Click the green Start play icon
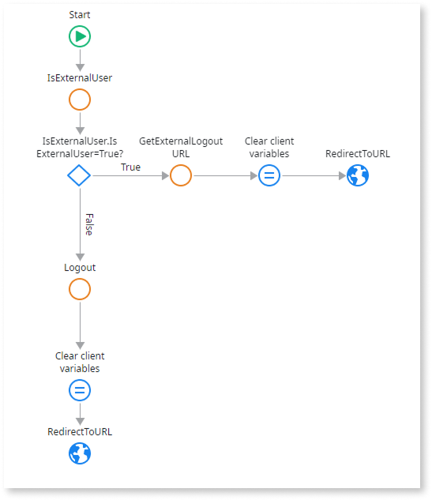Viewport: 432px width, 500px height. [80, 36]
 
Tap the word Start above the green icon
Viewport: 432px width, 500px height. [80, 15]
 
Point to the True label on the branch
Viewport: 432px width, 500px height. [131, 167]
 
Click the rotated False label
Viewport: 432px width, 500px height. [89, 224]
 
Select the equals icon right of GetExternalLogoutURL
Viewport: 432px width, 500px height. [269, 175]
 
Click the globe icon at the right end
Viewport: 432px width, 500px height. [358, 175]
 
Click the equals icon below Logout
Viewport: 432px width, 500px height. [80, 390]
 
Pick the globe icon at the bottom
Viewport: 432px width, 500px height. [80, 453]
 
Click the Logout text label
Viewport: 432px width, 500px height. [80, 268]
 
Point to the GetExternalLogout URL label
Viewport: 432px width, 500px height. [181, 148]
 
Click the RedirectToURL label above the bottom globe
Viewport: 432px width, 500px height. [80, 432]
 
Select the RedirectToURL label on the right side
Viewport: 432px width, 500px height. [358, 154]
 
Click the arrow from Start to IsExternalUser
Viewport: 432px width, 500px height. [80, 60]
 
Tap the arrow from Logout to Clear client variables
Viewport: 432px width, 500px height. [80, 325]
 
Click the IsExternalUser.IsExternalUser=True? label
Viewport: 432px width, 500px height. [80, 148]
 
